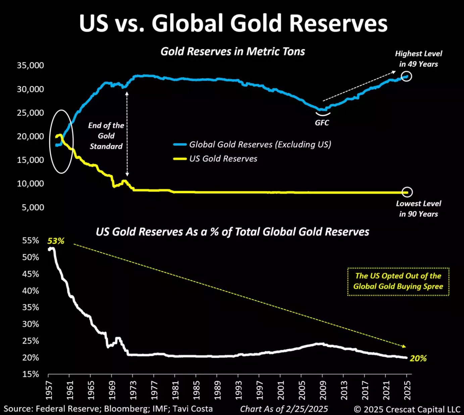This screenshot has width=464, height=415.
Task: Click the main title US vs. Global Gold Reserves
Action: (234, 23)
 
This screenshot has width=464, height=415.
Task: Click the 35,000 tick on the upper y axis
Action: (30, 65)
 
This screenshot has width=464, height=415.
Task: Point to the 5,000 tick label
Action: (33, 207)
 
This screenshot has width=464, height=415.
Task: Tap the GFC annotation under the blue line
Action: (322, 123)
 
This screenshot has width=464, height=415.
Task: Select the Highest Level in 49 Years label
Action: (418, 59)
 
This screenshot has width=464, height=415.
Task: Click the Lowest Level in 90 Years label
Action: (418, 209)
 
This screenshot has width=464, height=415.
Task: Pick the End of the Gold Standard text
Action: (106, 136)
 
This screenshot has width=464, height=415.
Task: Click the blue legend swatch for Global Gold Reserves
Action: (180, 145)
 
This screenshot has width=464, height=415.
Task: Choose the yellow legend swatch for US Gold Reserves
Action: (180, 159)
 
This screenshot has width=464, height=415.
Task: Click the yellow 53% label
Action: (56, 241)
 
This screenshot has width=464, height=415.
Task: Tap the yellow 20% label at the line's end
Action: (418, 358)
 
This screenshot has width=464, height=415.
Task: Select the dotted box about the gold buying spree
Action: (398, 281)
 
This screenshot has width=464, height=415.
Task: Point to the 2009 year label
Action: (322, 390)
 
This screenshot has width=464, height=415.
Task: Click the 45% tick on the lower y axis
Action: (31, 274)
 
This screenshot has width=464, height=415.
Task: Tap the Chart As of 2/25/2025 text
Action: (284, 409)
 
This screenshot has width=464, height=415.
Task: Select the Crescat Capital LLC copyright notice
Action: (407, 409)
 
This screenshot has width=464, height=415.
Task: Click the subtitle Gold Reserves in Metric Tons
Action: (233, 52)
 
